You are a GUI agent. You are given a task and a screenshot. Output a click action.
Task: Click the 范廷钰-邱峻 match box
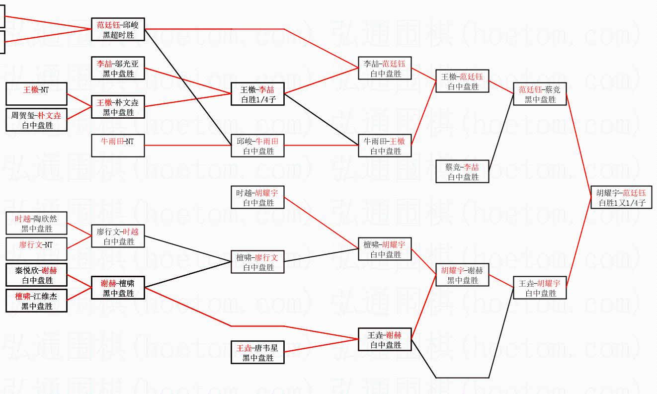tap(118, 29)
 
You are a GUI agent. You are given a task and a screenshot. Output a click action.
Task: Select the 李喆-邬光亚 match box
tap(118, 68)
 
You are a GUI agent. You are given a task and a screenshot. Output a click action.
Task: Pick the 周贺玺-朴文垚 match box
tap(36, 120)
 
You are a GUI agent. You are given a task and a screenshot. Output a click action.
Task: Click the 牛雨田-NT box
tap(118, 146)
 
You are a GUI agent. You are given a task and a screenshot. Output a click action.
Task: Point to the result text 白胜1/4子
tap(257, 99)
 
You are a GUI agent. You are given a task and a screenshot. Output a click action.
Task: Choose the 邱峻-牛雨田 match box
tap(257, 146)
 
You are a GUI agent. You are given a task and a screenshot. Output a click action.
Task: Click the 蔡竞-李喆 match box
tap(462, 171)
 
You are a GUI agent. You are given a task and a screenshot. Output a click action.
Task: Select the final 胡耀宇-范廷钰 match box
tap(621, 197)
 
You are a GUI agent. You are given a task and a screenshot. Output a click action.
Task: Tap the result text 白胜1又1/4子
tap(621, 203)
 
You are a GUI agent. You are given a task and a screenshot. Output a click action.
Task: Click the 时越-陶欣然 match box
tap(36, 223)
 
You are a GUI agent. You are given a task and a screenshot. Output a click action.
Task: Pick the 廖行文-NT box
tap(36, 249)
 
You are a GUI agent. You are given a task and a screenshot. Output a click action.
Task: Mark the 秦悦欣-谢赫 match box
tap(36, 275)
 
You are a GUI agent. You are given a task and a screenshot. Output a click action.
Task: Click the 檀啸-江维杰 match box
tap(36, 301)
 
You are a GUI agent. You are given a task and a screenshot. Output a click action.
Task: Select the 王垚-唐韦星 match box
tap(257, 352)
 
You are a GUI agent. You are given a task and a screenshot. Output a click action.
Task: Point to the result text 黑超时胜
tap(118, 35)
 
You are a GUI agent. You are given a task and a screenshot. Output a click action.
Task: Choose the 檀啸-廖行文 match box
tap(257, 262)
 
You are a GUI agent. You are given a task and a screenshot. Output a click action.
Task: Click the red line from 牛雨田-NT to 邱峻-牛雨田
tap(189, 146)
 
